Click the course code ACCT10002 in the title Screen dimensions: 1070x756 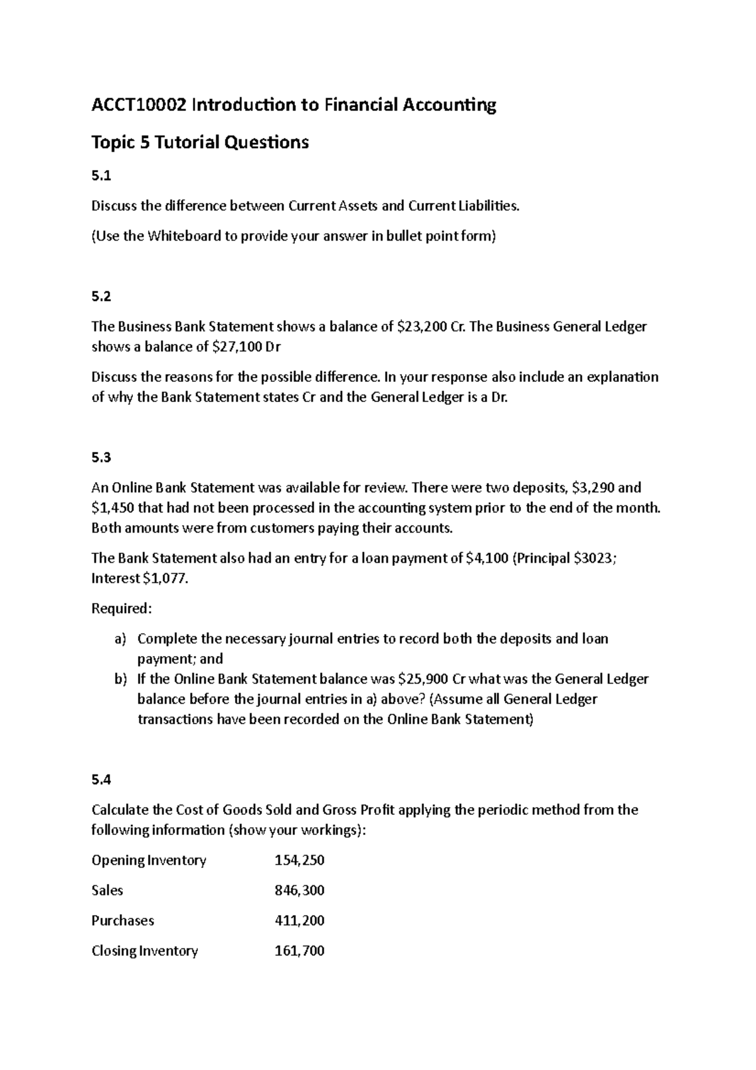click(x=139, y=105)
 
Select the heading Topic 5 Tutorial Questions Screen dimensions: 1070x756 click(x=200, y=142)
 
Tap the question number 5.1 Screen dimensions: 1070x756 click(x=101, y=176)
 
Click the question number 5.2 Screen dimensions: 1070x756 click(x=101, y=296)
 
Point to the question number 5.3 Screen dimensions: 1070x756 click(x=101, y=457)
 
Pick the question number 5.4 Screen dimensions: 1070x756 click(x=101, y=779)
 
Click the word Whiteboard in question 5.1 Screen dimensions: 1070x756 click(x=180, y=236)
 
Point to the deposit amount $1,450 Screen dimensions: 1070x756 click(x=112, y=508)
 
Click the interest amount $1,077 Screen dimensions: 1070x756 click(x=166, y=578)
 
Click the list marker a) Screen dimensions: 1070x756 click(x=120, y=639)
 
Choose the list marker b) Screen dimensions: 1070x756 click(x=120, y=679)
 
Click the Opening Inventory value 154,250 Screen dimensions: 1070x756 click(x=299, y=860)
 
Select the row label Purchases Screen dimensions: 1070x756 click(x=123, y=921)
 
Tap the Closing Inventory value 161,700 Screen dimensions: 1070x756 click(x=299, y=951)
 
